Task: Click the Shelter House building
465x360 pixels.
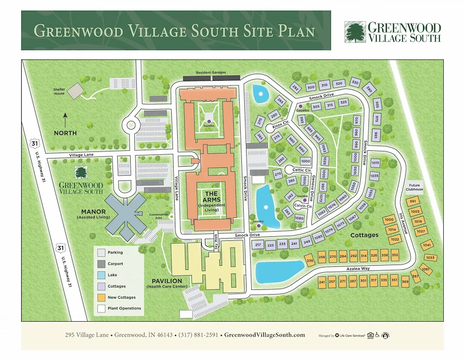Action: pos(75,91)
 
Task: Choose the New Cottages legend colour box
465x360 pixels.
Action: pos(102,297)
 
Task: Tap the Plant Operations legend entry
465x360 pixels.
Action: pos(102,308)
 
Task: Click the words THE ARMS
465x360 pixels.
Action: pos(211,197)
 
